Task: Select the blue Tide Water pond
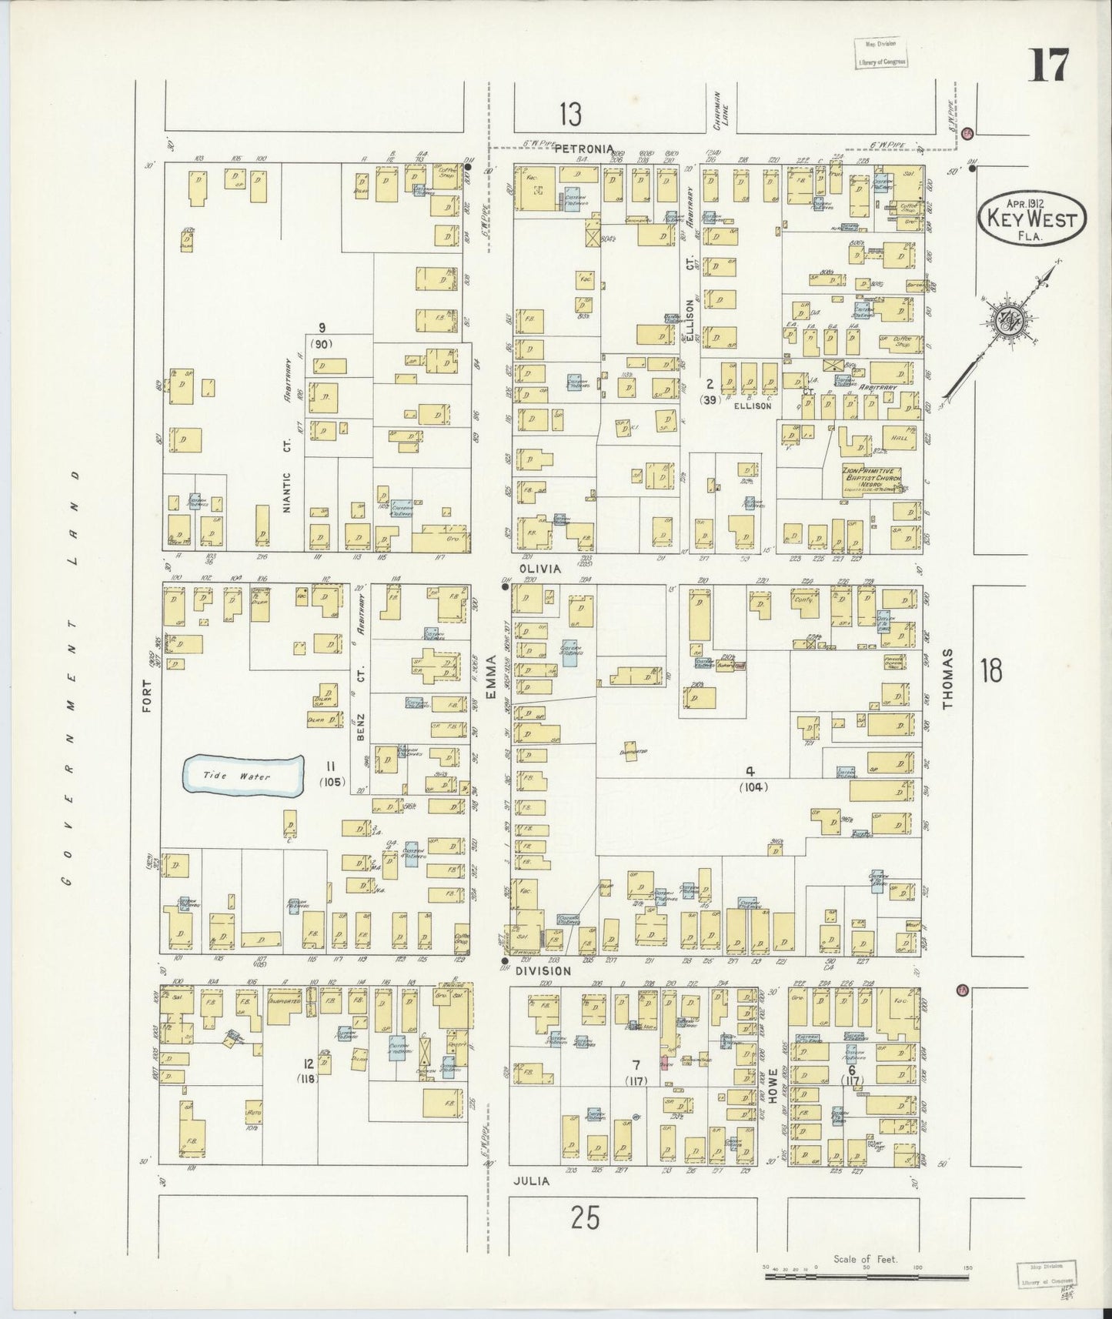[242, 776]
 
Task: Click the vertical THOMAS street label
[949, 677]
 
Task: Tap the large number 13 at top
[570, 115]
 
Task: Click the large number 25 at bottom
[585, 1218]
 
